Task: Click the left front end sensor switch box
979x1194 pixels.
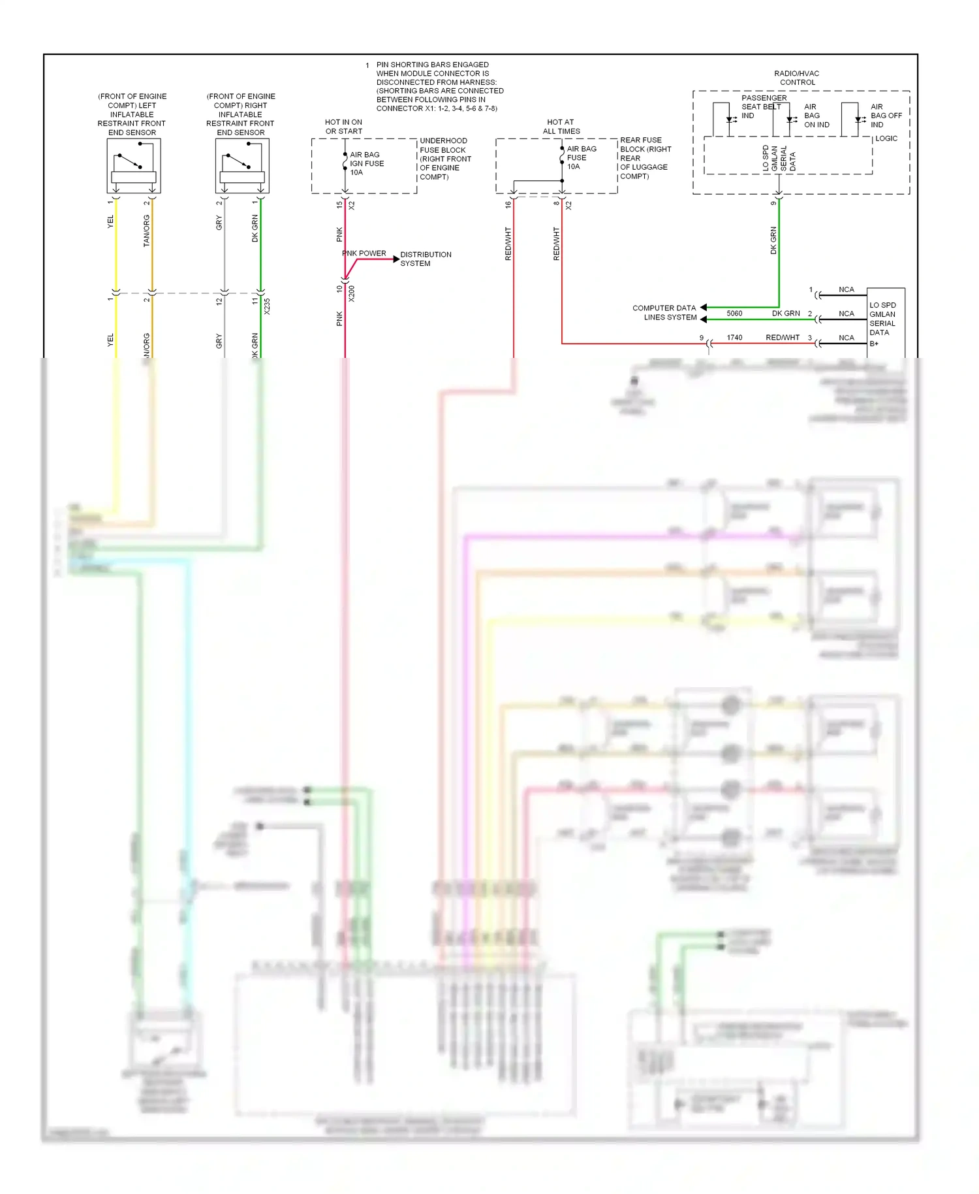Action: [134, 165]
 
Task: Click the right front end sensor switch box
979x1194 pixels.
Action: [242, 165]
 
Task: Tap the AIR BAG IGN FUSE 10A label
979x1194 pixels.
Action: [366, 163]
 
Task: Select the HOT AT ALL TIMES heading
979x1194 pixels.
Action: [561, 127]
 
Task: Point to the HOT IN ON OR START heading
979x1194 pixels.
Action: [343, 127]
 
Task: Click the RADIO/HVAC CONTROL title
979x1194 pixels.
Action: [797, 78]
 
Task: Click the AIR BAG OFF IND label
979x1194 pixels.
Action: [885, 116]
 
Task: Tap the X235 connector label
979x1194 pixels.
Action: [267, 306]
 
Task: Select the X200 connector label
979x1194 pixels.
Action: [351, 293]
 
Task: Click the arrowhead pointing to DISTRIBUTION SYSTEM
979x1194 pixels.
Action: [396, 259]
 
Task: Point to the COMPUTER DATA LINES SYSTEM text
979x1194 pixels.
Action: [664, 312]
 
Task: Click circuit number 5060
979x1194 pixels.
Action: [734, 314]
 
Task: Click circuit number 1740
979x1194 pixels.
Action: [734, 338]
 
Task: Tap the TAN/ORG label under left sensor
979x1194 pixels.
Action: [147, 231]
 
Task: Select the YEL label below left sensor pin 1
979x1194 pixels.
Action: [110, 221]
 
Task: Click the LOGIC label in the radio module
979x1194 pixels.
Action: [886, 138]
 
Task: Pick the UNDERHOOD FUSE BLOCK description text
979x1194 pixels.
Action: [444, 159]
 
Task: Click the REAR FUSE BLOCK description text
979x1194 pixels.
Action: [644, 158]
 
